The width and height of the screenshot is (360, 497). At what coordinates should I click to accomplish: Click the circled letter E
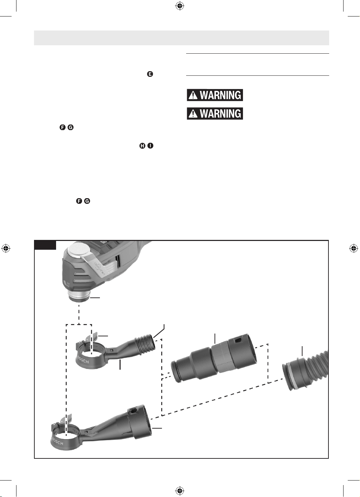tap(150, 74)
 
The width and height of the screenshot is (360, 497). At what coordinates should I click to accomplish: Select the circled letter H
tap(142, 146)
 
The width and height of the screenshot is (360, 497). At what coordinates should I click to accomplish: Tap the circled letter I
tap(150, 146)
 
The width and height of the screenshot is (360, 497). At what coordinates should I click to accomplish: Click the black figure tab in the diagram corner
tap(45, 245)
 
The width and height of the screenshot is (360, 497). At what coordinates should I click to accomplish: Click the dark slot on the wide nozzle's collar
tap(134, 411)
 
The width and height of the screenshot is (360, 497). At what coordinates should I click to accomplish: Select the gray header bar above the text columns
tap(182, 38)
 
